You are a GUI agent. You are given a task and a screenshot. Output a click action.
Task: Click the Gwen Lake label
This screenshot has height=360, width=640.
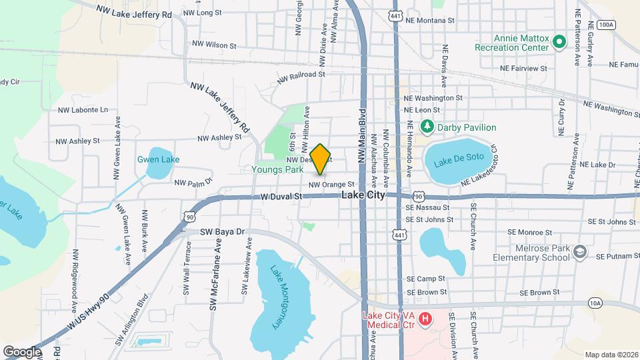click(149, 159)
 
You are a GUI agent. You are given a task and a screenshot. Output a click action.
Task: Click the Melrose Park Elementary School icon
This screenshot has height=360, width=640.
click(580, 251)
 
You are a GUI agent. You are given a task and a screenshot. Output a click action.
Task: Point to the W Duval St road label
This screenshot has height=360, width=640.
click(281, 197)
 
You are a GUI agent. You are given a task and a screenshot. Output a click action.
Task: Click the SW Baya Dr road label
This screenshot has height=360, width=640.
click(223, 232)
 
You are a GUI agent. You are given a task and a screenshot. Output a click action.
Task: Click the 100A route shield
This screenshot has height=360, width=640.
click(605, 25)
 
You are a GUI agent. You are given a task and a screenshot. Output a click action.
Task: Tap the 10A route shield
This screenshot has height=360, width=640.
click(595, 303)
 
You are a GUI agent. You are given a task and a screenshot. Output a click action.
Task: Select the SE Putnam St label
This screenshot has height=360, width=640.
click(618, 256)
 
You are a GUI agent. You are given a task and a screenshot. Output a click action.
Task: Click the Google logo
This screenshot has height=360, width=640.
click(23, 351)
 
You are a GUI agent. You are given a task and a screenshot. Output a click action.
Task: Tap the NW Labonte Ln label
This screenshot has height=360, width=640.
click(83, 110)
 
